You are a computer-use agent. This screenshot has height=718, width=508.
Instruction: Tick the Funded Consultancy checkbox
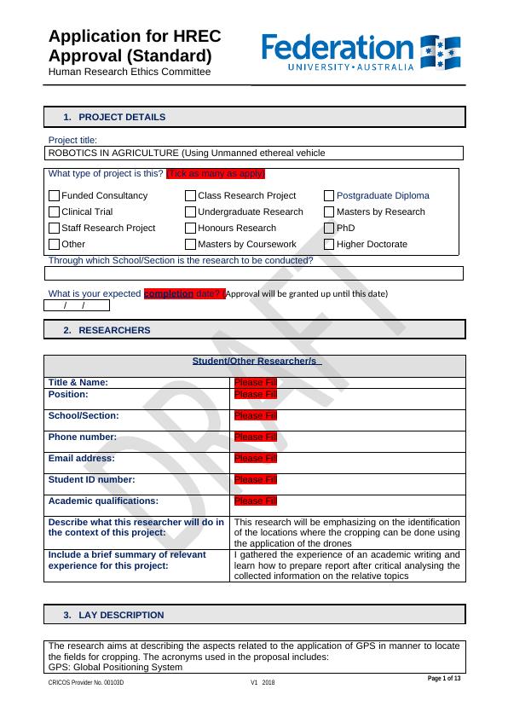point(55,195)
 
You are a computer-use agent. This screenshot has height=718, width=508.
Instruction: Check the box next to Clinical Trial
point(55,211)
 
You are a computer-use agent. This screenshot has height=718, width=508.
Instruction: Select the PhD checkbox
point(330,228)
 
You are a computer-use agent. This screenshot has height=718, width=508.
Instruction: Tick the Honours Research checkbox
point(191,228)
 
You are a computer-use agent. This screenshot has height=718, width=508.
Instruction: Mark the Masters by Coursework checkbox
point(191,244)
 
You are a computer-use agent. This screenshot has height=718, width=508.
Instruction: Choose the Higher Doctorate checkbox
point(330,244)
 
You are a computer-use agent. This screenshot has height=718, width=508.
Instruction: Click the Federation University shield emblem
point(441,53)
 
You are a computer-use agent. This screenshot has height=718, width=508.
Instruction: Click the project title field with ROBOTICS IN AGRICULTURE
point(253,153)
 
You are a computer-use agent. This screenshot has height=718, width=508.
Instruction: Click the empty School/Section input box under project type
point(253,274)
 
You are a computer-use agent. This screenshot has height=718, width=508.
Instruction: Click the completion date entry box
point(77,305)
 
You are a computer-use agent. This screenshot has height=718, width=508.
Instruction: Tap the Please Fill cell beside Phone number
point(256,437)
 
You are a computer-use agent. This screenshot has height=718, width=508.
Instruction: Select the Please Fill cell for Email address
point(256,458)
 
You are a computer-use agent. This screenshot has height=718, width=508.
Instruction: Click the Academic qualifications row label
point(103,501)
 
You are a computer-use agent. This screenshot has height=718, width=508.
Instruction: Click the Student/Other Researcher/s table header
point(255,362)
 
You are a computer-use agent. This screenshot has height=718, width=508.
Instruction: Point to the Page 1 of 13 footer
point(444,678)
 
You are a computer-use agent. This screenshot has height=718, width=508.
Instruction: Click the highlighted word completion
point(170,293)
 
